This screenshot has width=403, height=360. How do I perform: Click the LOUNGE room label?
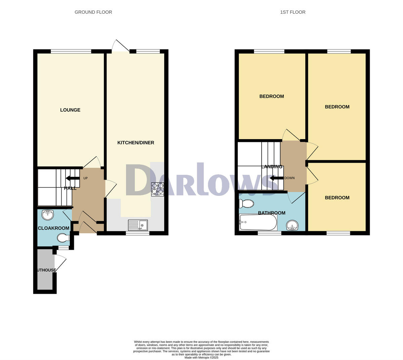70,110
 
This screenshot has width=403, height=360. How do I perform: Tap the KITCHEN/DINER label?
136,143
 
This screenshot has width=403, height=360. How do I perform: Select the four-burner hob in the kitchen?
158,189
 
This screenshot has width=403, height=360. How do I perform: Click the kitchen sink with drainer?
138,225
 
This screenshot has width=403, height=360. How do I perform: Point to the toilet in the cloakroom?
63,238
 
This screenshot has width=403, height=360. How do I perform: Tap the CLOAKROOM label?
53,228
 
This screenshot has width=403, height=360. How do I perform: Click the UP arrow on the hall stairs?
73,178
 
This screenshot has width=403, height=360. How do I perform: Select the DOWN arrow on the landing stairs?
276,178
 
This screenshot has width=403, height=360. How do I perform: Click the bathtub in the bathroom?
258,223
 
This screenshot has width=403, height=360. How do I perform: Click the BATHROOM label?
271,213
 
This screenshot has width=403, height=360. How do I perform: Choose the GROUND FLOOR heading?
93,12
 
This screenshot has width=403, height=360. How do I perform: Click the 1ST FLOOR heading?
293,12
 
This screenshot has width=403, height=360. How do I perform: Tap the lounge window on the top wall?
71,51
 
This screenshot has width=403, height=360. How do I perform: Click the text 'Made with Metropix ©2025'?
201,358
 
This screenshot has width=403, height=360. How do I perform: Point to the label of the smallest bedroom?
337,198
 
